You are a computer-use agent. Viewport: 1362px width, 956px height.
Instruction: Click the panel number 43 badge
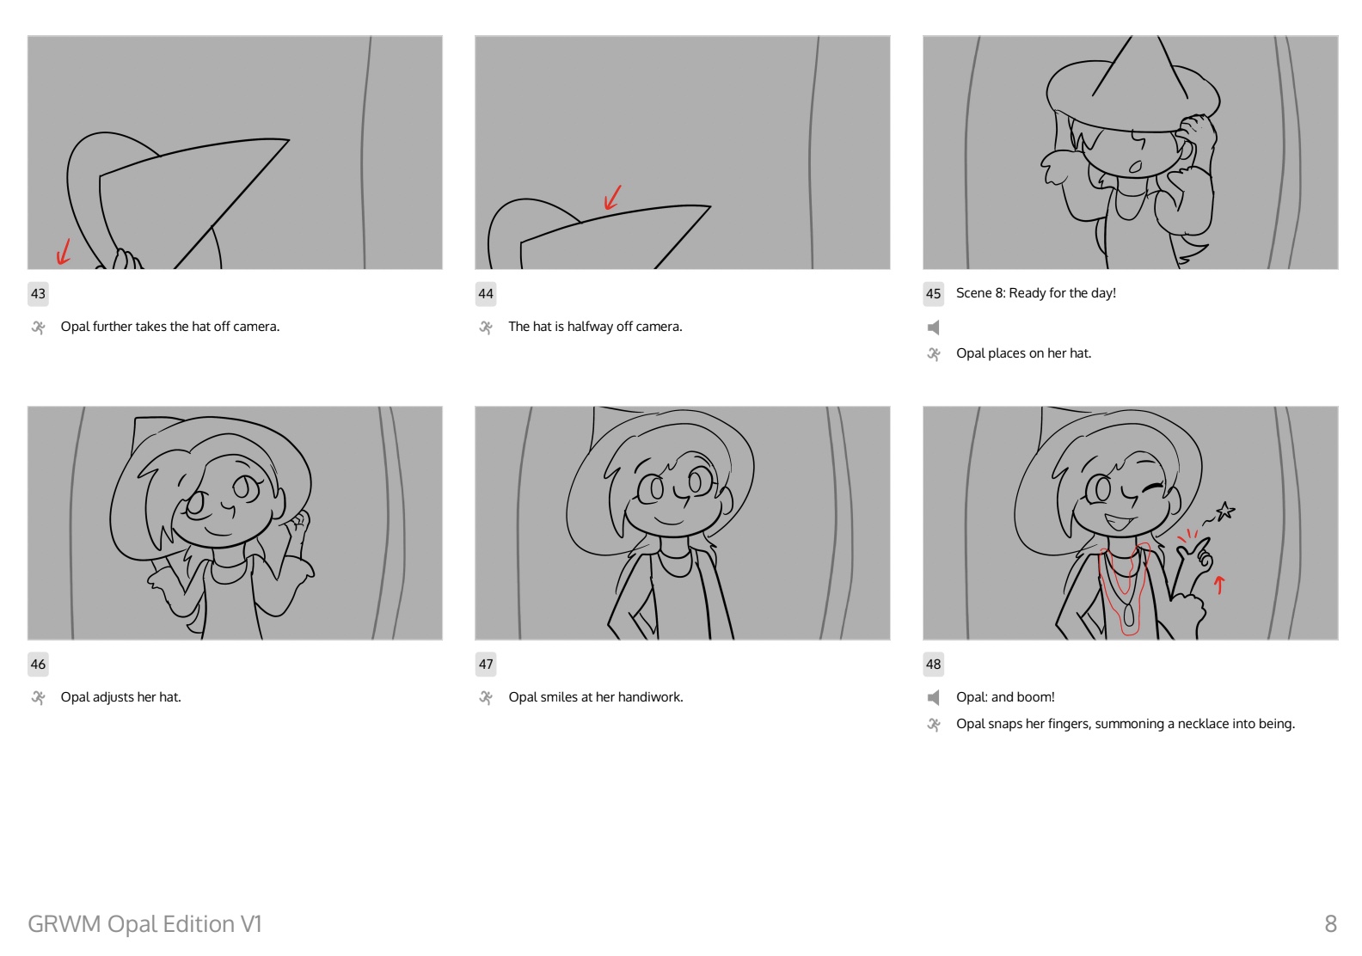38,294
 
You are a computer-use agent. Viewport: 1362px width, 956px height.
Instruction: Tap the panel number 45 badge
933,294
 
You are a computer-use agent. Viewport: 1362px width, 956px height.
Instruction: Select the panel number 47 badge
485,665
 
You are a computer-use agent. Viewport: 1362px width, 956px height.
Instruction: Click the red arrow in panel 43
64,252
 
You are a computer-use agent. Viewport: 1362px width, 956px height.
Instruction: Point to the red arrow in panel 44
613,198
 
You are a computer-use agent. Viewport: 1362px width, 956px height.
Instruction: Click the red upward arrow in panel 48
1219,585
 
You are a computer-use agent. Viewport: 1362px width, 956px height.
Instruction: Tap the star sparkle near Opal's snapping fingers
1225,512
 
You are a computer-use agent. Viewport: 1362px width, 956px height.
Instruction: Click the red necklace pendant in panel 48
1128,616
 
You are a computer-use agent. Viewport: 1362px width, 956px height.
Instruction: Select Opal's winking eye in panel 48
1151,488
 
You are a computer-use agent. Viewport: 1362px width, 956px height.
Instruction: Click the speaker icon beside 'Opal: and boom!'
933,698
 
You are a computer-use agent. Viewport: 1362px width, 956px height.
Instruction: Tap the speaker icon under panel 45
933,328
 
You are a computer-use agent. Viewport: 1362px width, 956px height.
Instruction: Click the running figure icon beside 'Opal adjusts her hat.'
39,698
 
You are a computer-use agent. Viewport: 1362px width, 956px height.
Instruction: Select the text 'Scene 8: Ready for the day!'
1035,293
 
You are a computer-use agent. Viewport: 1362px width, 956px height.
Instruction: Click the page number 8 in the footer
1330,924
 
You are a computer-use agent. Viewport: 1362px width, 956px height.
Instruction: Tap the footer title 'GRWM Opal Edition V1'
144,924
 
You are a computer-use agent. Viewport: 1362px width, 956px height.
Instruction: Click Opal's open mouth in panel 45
1135,167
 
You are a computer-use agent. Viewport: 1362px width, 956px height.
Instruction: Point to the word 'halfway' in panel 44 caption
590,327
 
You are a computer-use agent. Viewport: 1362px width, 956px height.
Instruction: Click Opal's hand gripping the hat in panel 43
126,259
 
